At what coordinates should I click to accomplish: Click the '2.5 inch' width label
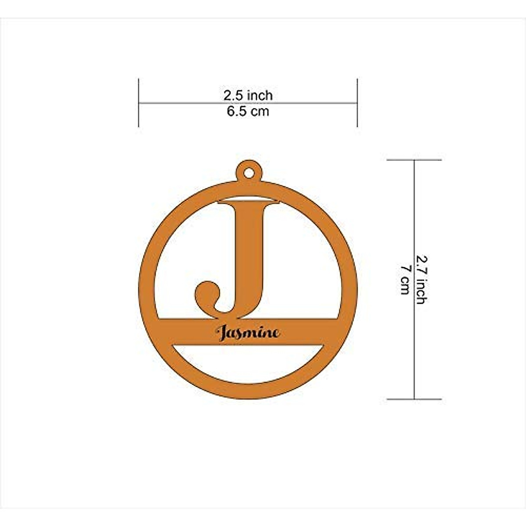(248, 95)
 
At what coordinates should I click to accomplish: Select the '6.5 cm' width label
(248, 111)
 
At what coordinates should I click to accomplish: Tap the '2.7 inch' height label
(421, 280)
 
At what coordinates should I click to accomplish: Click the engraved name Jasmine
(248, 333)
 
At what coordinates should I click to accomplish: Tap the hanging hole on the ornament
(249, 173)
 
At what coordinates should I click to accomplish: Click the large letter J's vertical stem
(249, 254)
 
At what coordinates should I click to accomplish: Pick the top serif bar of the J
(249, 202)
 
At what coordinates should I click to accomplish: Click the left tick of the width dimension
(139, 103)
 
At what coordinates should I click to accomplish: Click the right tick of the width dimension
(357, 103)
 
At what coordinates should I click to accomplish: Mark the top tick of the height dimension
(414, 160)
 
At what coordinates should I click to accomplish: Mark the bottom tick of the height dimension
(414, 399)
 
